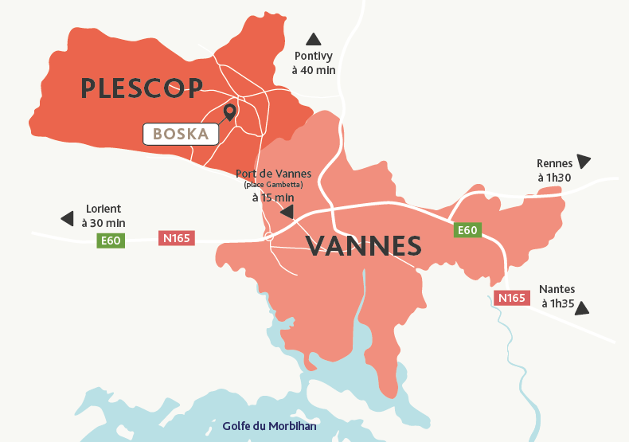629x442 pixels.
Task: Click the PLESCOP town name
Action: click(x=142, y=88)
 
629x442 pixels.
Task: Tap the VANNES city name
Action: click(x=364, y=246)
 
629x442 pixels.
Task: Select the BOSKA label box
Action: click(x=181, y=135)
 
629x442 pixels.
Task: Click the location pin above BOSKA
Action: click(x=230, y=111)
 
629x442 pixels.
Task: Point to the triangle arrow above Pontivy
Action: click(x=314, y=39)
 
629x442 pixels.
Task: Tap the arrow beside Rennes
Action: click(x=584, y=161)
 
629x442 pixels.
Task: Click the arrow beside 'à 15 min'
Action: click(x=286, y=212)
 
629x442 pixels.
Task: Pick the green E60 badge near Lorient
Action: click(x=111, y=240)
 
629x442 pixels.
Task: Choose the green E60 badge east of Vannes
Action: click(x=467, y=230)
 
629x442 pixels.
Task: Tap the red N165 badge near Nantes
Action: click(x=512, y=298)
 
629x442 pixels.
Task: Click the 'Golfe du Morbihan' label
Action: click(x=270, y=426)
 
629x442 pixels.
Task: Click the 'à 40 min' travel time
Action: click(x=314, y=70)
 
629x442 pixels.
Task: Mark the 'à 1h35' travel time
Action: click(x=557, y=303)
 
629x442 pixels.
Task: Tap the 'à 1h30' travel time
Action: click(x=553, y=178)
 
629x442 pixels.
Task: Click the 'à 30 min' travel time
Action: click(x=104, y=223)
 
